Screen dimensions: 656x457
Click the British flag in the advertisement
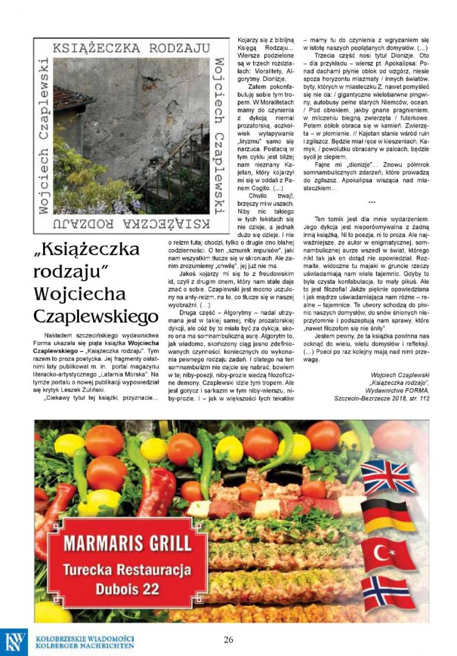[x=388, y=477]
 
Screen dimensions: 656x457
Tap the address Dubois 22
[x=127, y=589]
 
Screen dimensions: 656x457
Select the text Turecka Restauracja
[x=127, y=570]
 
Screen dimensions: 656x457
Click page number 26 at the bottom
[x=228, y=640]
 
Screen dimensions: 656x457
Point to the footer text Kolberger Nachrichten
[x=85, y=646]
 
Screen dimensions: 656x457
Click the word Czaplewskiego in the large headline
[x=96, y=317]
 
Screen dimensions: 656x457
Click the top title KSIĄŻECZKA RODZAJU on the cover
[x=131, y=48]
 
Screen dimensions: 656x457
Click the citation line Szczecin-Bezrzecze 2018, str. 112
[x=382, y=398]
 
